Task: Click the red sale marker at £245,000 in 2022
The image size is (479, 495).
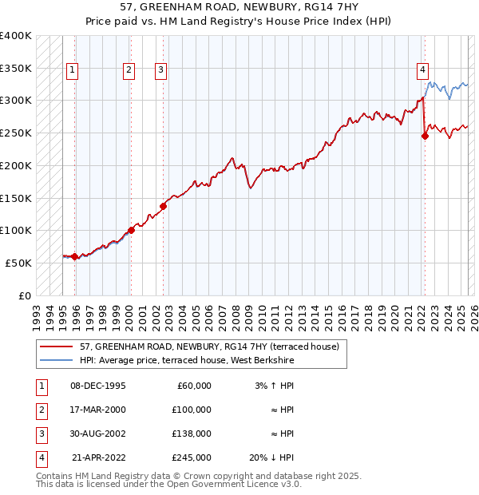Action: pos(425,136)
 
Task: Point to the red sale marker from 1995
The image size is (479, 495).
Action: pos(74,256)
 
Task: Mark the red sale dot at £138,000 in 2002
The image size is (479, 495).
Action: pos(163,206)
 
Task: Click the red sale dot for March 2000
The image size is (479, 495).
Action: pos(131,230)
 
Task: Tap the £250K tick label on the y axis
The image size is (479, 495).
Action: pos(15,133)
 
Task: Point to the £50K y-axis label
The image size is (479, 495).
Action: pos(18,263)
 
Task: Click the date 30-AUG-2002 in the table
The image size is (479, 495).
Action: pos(98,434)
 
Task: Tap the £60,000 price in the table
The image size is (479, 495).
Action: pos(192,386)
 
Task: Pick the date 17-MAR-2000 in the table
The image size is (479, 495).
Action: pos(98,410)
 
